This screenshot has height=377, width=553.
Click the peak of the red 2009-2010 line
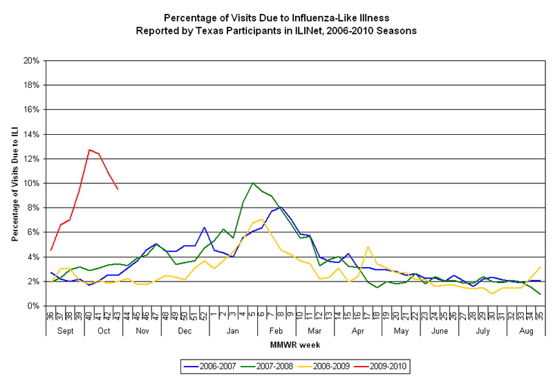click(89, 149)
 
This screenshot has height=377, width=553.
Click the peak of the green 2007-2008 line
click(252, 183)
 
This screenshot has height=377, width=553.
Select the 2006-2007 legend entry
click(204, 362)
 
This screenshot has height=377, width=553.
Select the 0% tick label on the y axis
click(32, 306)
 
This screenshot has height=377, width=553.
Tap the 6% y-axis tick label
click(32, 232)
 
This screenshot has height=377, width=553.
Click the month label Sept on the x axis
click(66, 331)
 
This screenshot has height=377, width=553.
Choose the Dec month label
click(185, 331)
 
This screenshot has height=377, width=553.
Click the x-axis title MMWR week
click(294, 344)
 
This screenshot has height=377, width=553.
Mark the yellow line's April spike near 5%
click(368, 246)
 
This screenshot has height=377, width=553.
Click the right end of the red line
click(118, 189)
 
